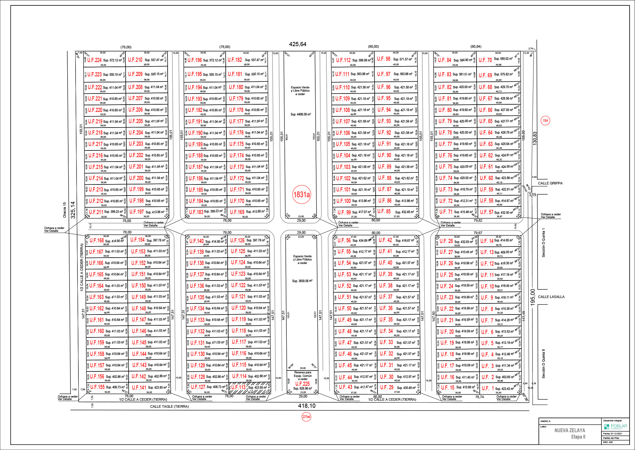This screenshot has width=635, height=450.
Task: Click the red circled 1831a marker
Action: [301, 194]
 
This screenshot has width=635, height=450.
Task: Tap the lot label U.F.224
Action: [94, 60]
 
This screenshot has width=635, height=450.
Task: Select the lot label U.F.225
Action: [302, 384]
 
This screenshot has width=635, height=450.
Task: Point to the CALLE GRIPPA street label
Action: [550, 183]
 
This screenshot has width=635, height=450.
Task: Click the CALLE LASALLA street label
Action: [551, 297]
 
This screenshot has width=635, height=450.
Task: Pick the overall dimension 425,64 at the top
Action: [297, 44]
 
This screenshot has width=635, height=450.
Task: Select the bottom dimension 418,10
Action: [307, 406]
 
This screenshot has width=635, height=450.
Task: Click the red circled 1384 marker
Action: [545, 121]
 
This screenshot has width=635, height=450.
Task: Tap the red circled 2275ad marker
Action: [306, 417]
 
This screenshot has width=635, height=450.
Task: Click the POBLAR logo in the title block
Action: [615, 426]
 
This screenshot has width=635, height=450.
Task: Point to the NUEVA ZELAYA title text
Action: [570, 430]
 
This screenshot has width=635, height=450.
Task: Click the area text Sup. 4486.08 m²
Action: [301, 114]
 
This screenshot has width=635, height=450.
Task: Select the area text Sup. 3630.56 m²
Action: [302, 281]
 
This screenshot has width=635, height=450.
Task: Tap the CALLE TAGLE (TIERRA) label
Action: [169, 406]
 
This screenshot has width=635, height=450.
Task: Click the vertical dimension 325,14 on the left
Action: [73, 210]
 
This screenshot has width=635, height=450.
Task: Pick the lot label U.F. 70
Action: [485, 60]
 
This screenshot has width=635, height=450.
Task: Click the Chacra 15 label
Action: [64, 210]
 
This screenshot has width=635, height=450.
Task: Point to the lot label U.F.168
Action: [97, 240]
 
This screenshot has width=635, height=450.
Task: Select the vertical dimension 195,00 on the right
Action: [532, 296]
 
